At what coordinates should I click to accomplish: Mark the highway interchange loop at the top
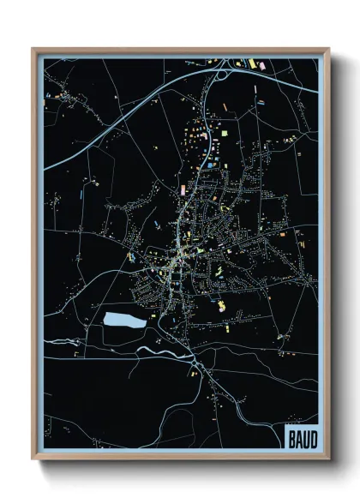pos(221,72)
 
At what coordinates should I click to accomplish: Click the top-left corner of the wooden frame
pos(33,49)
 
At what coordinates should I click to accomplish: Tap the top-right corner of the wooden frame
pos(328,49)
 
